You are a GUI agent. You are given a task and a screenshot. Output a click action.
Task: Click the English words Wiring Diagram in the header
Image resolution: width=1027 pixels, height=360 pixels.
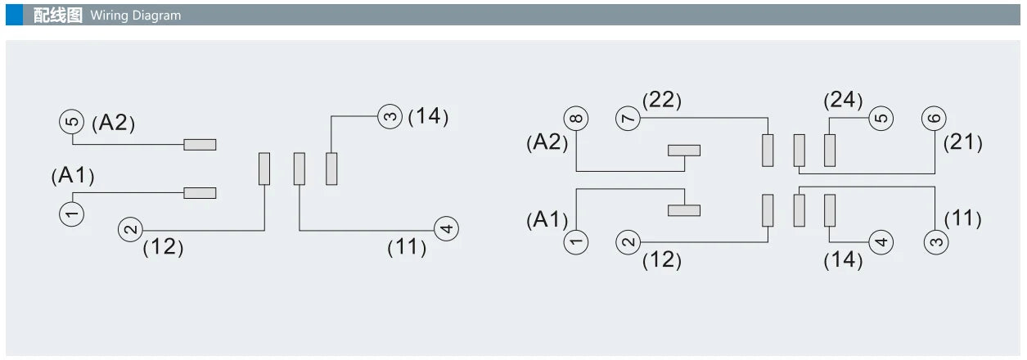coord(136,16)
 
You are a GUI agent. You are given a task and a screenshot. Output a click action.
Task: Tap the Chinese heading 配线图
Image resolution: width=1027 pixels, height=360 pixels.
coord(58,15)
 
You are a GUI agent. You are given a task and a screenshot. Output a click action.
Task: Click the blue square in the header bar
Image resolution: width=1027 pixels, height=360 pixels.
coord(14,15)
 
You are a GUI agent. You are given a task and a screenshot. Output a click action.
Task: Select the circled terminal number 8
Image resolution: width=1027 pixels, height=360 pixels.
coord(576,119)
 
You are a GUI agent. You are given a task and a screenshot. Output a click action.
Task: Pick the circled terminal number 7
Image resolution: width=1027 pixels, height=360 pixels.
coord(628,119)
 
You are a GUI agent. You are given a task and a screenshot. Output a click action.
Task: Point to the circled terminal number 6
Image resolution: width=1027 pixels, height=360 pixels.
coord(934,119)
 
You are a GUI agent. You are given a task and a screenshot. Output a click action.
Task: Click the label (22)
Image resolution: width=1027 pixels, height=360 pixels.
coord(661,100)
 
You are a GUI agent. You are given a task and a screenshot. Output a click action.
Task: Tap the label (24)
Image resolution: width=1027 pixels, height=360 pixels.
coord(843,100)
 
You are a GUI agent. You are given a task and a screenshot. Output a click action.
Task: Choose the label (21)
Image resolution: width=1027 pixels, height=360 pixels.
coord(962,142)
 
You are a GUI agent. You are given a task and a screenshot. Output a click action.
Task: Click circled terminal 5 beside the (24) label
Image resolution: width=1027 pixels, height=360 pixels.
coord(881,119)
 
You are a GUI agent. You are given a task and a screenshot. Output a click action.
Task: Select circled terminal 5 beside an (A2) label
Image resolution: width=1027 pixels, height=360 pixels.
coord(71,122)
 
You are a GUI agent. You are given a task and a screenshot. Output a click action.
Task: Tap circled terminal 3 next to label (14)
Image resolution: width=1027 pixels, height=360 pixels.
coord(390,116)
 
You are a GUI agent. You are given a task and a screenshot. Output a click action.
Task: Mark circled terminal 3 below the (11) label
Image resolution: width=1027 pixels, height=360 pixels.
coord(936,242)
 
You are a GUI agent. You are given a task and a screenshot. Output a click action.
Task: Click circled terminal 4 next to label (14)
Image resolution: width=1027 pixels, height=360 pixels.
coord(881,241)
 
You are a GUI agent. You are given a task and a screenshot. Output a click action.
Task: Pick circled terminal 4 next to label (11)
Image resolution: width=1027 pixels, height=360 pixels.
coord(446,229)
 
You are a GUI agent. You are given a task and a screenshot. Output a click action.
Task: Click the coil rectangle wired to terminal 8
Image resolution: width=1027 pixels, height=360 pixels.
coord(684,151)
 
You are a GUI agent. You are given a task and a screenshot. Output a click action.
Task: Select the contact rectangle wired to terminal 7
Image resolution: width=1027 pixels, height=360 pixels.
coord(768,151)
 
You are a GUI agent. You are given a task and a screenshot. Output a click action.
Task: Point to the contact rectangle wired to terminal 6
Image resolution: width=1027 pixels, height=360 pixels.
coord(800,151)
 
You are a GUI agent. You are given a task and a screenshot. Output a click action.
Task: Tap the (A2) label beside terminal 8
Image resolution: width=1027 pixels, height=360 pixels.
coord(547,142)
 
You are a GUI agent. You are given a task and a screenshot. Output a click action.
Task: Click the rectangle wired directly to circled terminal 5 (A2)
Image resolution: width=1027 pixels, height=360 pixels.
coord(200,145)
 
